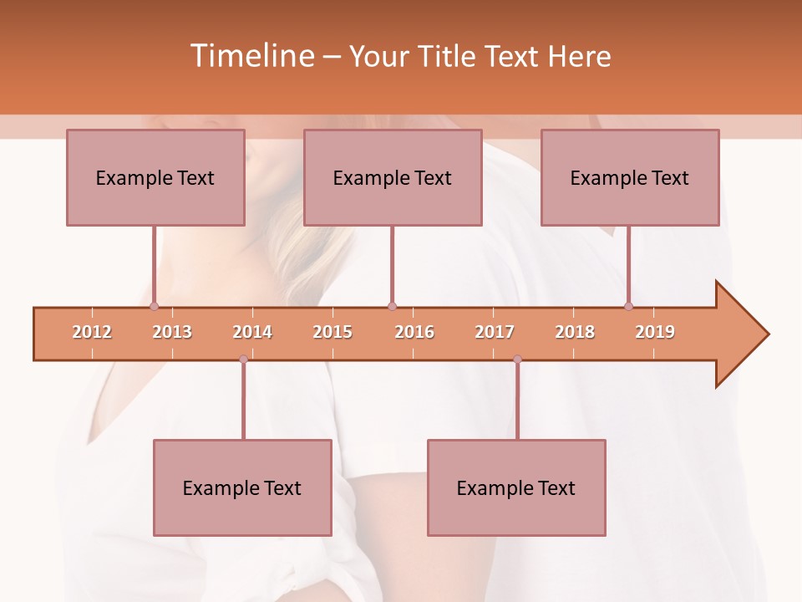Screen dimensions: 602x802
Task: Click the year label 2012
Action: (x=92, y=332)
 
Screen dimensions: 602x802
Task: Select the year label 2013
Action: (x=172, y=332)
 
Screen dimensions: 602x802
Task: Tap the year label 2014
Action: (x=252, y=332)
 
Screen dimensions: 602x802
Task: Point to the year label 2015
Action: (x=332, y=332)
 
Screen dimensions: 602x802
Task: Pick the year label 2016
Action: (x=414, y=332)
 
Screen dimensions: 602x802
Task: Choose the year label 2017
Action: (x=495, y=332)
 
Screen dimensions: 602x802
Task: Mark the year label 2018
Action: (x=575, y=332)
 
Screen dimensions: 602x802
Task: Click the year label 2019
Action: (x=655, y=332)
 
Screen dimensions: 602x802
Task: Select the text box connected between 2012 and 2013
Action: (x=155, y=177)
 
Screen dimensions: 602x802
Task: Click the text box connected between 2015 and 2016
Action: (x=393, y=177)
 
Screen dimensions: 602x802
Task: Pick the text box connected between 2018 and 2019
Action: (x=630, y=177)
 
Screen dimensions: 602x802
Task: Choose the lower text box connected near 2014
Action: (x=242, y=487)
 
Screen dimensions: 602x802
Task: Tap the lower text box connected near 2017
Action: (x=516, y=487)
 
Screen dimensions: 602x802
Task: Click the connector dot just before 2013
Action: (x=154, y=306)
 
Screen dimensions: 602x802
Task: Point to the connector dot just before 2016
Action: (x=392, y=306)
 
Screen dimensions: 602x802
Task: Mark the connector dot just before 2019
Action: (x=628, y=306)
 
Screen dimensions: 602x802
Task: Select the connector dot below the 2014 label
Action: (x=243, y=360)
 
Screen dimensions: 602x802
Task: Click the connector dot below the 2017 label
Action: (x=517, y=360)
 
